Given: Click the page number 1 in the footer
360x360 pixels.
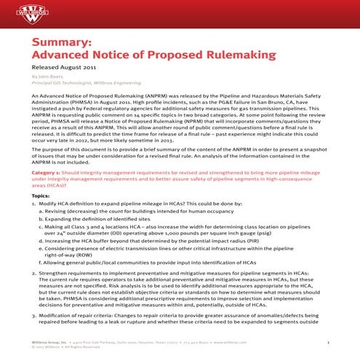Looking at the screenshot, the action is point(329,342).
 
